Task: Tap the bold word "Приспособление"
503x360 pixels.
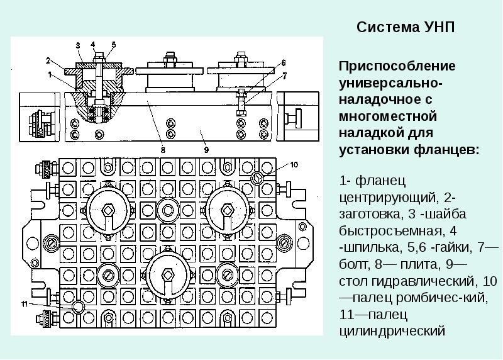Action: (x=397, y=67)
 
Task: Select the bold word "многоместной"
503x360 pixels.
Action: (x=388, y=116)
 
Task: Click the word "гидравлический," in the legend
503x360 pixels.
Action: (x=423, y=281)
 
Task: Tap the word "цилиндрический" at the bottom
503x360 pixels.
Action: (x=392, y=332)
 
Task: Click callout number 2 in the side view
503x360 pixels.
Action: (x=48, y=60)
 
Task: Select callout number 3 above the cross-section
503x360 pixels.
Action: (x=78, y=45)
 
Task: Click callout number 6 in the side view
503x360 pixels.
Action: (x=284, y=63)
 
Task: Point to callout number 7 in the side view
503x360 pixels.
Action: (x=285, y=76)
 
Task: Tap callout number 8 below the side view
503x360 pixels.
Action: (x=163, y=150)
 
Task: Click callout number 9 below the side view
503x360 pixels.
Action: (x=206, y=150)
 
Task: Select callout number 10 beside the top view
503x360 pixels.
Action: (x=294, y=165)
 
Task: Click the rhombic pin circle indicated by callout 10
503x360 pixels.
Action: (x=257, y=178)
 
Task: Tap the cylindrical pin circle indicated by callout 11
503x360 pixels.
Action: (x=78, y=307)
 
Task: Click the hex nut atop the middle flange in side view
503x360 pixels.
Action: (x=169, y=59)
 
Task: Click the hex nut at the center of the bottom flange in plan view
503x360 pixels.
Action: (x=167, y=275)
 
